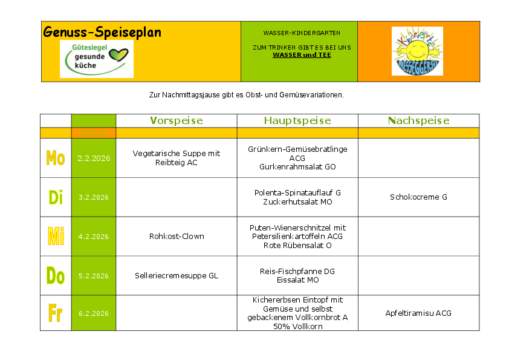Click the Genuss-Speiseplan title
pyautogui.click(x=102, y=32)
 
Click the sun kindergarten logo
pyautogui.click(x=417, y=51)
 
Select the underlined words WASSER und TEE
pyautogui.click(x=302, y=55)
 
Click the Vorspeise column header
pyautogui.click(x=176, y=120)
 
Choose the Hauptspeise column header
pyautogui.click(x=297, y=120)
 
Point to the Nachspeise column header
pyautogui.click(x=418, y=120)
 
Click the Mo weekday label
pyautogui.click(x=56, y=159)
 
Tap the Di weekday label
pyautogui.click(x=56, y=197)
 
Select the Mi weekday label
pyautogui.click(x=56, y=237)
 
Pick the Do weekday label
pyautogui.click(x=56, y=276)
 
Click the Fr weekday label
pyautogui.click(x=56, y=313)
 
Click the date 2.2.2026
pyautogui.click(x=94, y=159)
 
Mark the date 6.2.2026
pyautogui.click(x=94, y=313)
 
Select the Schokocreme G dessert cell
pyautogui.click(x=418, y=197)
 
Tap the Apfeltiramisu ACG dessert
pyautogui.click(x=418, y=313)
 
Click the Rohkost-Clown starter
pyautogui.click(x=177, y=237)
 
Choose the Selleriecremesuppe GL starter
pyautogui.click(x=177, y=276)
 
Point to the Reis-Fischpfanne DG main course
pyautogui.click(x=297, y=272)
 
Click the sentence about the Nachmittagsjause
pyautogui.click(x=246, y=95)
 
